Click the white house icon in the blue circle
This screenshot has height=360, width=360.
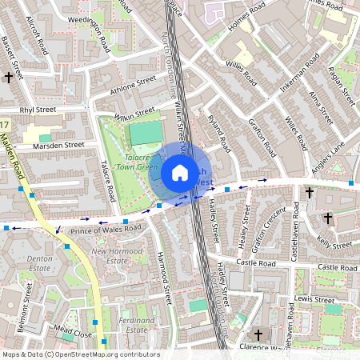[180, 173]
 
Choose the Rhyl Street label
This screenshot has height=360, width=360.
[38, 110]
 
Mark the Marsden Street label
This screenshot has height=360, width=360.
[58, 146]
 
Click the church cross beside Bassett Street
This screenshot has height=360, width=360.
[10, 78]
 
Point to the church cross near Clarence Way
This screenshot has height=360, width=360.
[258, 334]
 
